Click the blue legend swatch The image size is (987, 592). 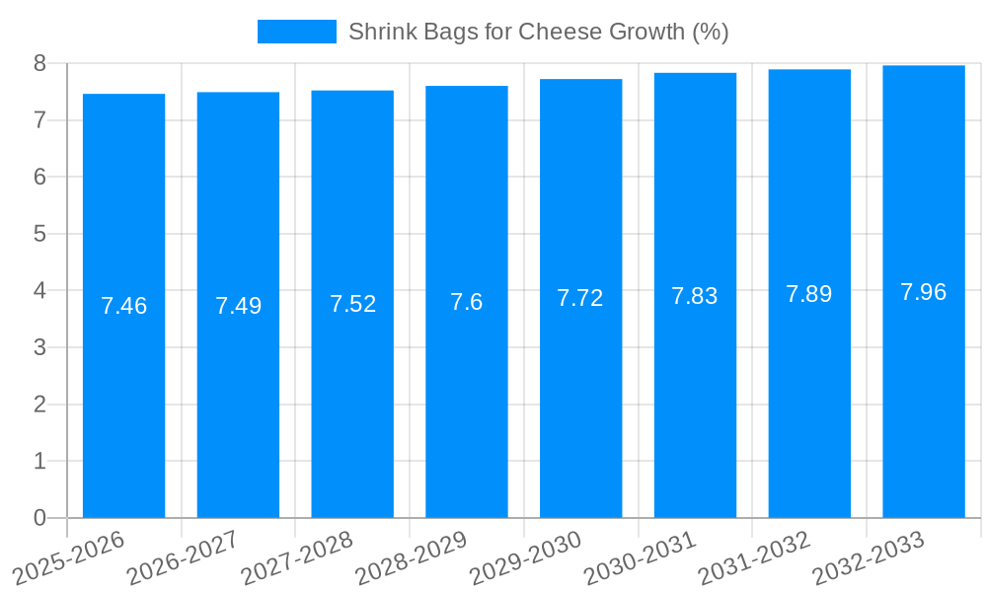point(296,32)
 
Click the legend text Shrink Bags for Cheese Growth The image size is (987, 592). point(538,32)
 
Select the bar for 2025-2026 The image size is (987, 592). point(123,306)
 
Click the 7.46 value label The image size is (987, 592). point(123,306)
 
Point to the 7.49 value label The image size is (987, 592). point(238,306)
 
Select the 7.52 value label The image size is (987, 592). point(352,304)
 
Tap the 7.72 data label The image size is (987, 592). point(580,298)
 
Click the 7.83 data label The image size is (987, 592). point(695,296)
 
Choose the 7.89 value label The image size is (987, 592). point(809,294)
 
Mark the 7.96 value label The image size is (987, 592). point(924,292)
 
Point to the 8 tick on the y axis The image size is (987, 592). point(39,63)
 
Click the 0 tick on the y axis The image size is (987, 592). point(39,518)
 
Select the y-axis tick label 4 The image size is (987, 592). point(39,291)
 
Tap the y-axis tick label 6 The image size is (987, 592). point(39,178)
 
